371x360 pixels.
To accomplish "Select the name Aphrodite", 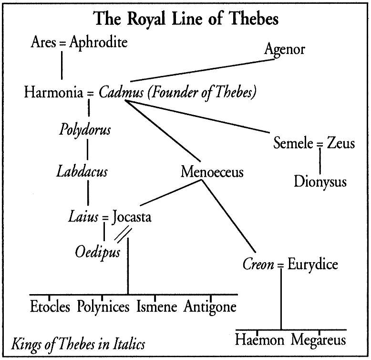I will tap(98, 42).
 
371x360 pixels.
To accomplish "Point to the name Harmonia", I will tap(54, 92).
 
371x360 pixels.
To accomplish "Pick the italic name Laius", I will tap(83, 218).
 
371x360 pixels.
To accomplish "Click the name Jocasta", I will tap(132, 218).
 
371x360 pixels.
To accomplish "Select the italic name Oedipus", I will tap(97, 251).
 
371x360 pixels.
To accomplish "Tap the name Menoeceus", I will tap(212, 172).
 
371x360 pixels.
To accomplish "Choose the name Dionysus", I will tap(320, 182).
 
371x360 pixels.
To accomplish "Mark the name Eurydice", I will tap(312, 264).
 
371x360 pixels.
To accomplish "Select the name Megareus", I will tap(318, 340).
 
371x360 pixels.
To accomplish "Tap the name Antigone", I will tap(210, 306).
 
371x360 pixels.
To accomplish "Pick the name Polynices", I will tap(103, 306).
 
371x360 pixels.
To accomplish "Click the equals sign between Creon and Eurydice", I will tap(281, 265).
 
